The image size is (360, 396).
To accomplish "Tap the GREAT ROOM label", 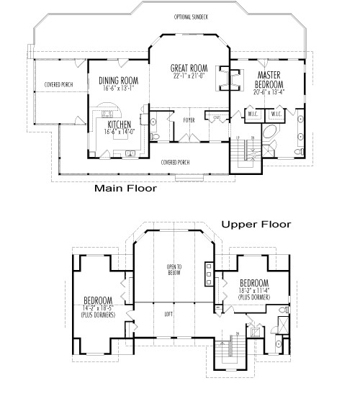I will [x=189, y=69].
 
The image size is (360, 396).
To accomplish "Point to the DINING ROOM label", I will [x=118, y=81].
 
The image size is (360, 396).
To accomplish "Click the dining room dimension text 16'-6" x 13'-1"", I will [x=118, y=89].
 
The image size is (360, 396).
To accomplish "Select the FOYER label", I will [x=189, y=120].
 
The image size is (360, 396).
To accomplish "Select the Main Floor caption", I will [x=126, y=190].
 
